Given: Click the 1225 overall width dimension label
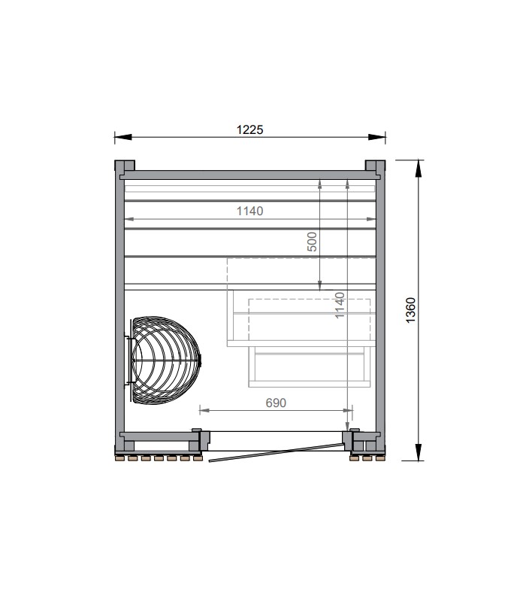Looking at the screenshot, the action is [249, 129].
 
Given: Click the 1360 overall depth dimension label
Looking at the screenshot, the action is [410, 310].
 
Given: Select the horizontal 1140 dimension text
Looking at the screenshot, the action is [249, 211].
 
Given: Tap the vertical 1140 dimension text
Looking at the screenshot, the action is [340, 306].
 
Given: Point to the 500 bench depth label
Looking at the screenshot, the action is [313, 242].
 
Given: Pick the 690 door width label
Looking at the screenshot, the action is [276, 403].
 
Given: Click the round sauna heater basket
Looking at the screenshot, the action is [165, 360].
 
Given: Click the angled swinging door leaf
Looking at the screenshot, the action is [276, 452].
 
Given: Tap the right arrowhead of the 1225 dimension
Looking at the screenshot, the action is [377, 137].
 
